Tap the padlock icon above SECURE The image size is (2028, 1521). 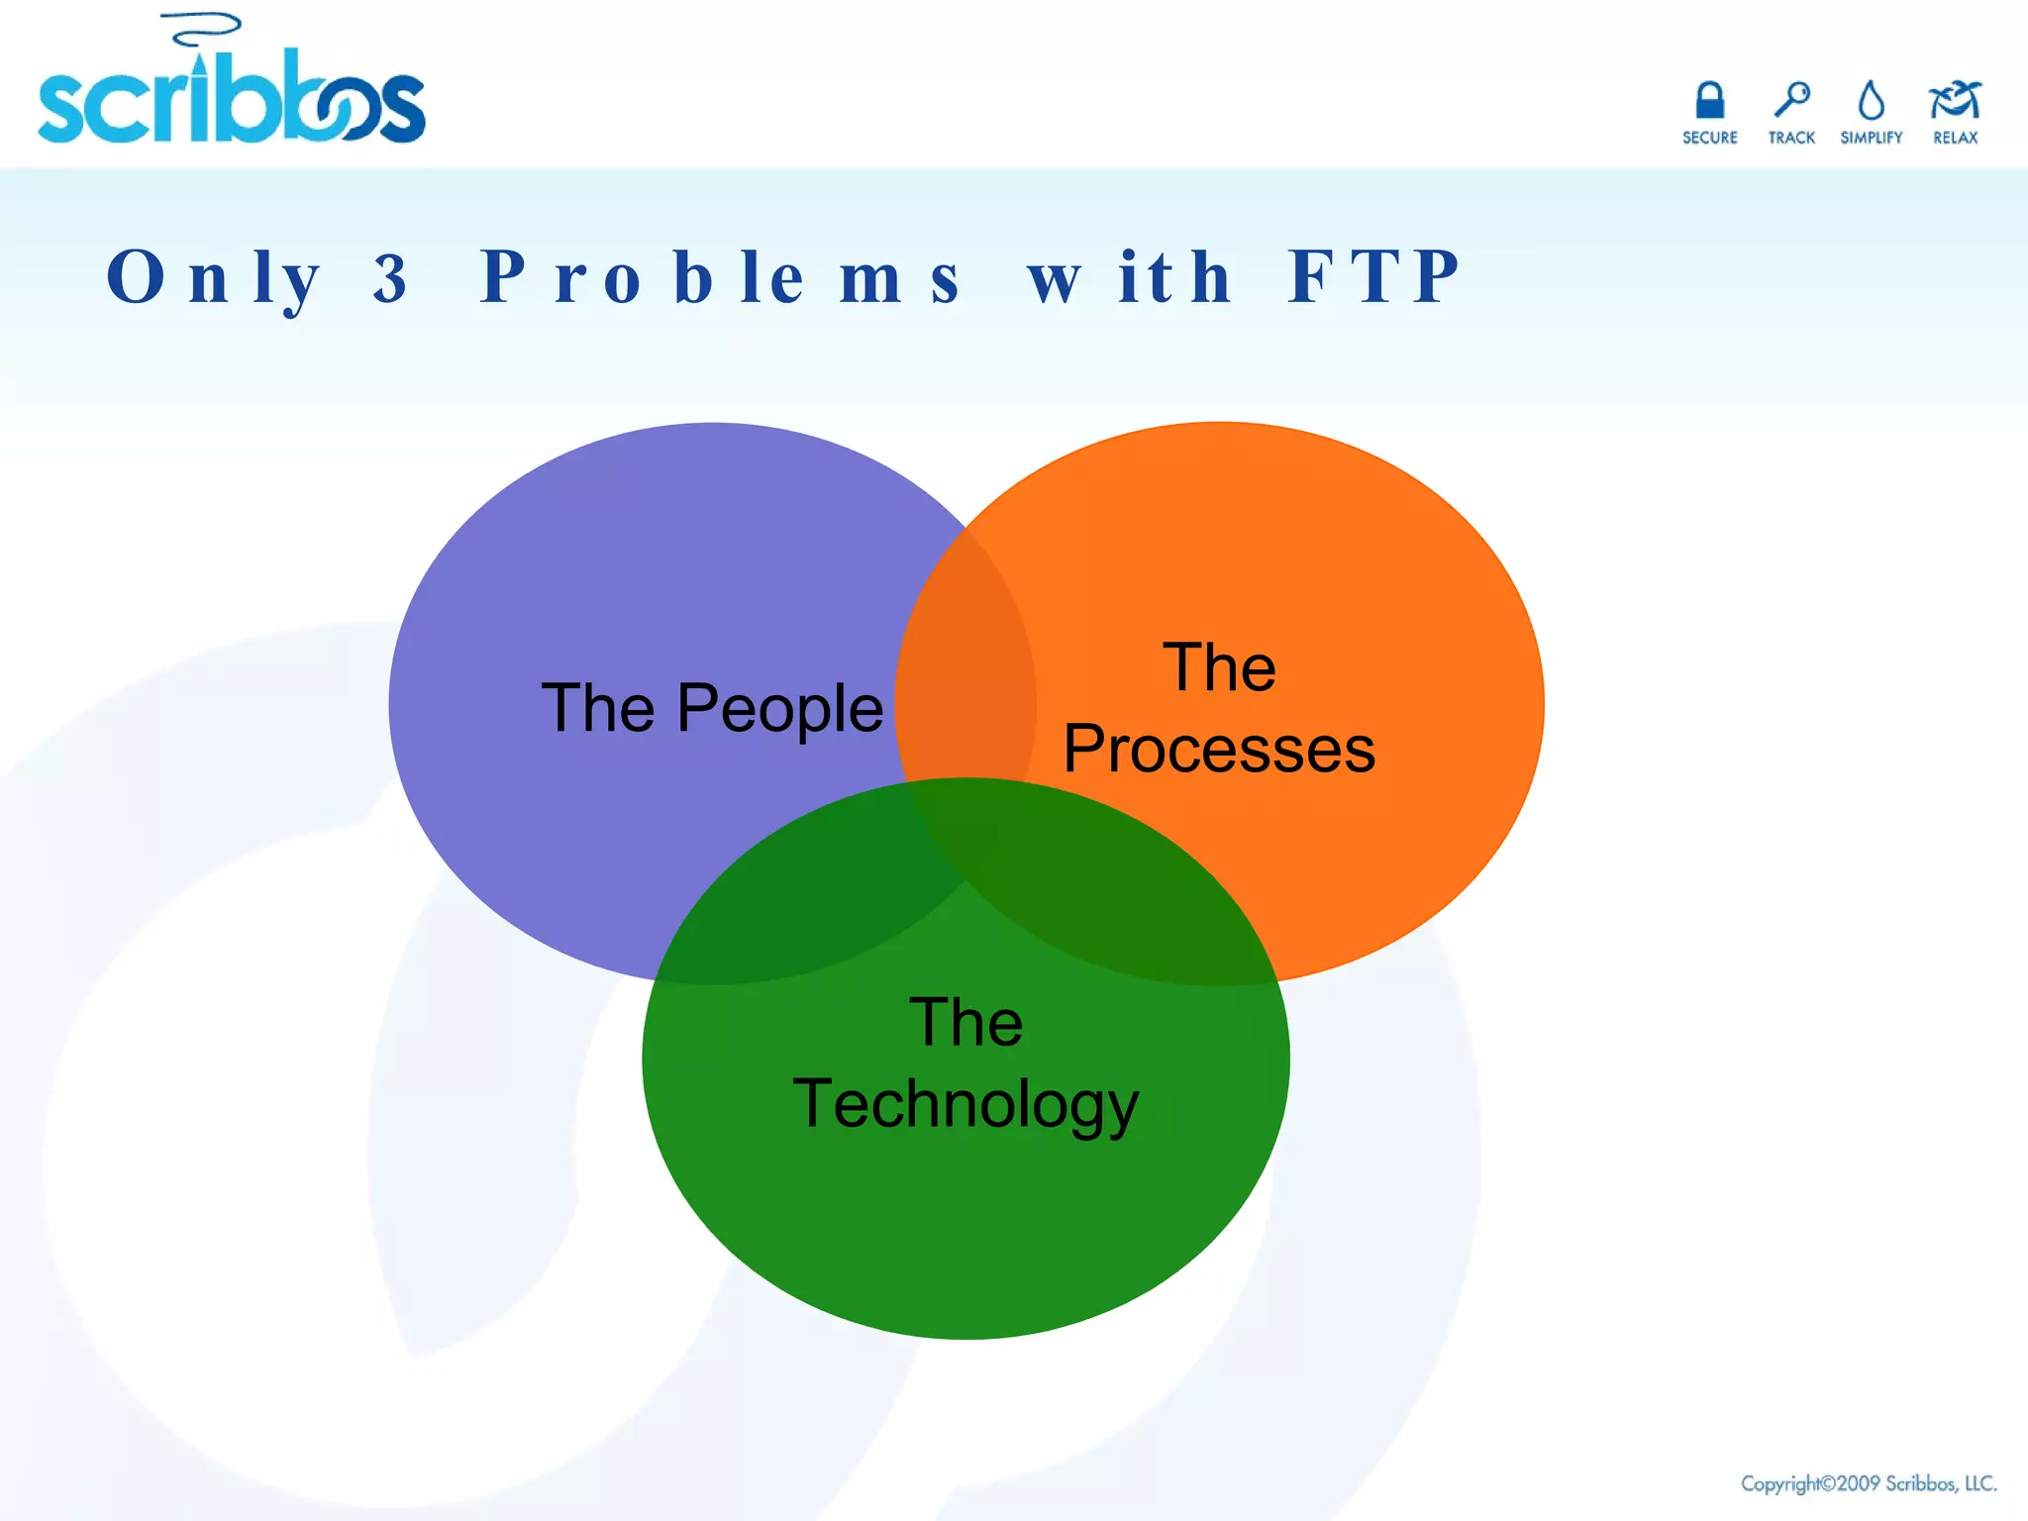[1710, 100]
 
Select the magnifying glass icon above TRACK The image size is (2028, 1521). [1791, 100]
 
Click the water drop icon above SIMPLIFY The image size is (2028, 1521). [1871, 100]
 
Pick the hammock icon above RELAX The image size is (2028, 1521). [1955, 100]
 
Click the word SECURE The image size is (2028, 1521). [1710, 138]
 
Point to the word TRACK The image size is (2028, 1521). [1791, 138]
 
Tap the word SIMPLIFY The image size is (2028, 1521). [1871, 138]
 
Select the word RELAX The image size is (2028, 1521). [1955, 138]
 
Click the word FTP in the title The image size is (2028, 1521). [1373, 276]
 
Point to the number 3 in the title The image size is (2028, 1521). [391, 278]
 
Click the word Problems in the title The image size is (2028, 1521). [720, 278]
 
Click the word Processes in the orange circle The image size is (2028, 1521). [1219, 749]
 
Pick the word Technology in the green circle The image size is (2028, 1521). [965, 1103]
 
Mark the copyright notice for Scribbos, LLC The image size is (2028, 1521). [1869, 1483]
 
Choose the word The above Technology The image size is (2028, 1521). [965, 1022]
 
